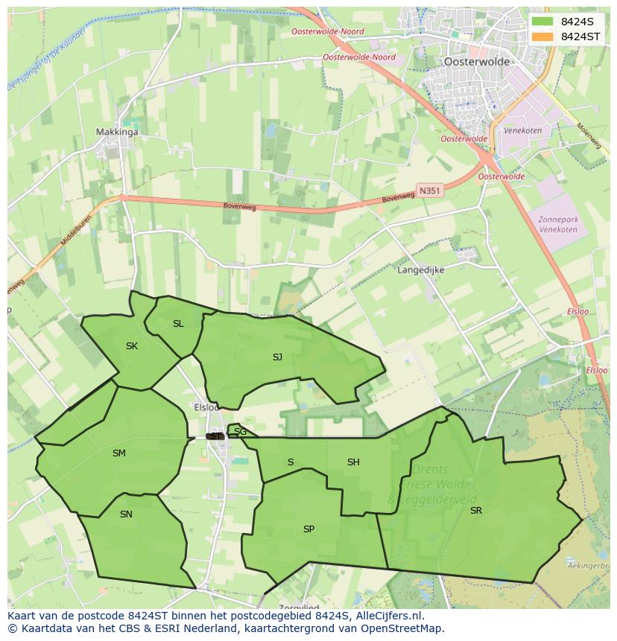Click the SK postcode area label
tap(132, 346)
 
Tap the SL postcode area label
tap(178, 324)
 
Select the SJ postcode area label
tap(277, 357)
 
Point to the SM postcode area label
tap(119, 453)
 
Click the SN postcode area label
tap(126, 514)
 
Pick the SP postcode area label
tap(308, 529)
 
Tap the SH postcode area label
tap(353, 462)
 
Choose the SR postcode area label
tap(475, 511)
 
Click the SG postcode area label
tap(240, 432)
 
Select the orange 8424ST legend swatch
tap(542, 36)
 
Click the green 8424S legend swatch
tap(542, 22)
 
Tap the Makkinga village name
tap(117, 133)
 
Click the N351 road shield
tap(430, 191)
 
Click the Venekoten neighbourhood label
tap(522, 130)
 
